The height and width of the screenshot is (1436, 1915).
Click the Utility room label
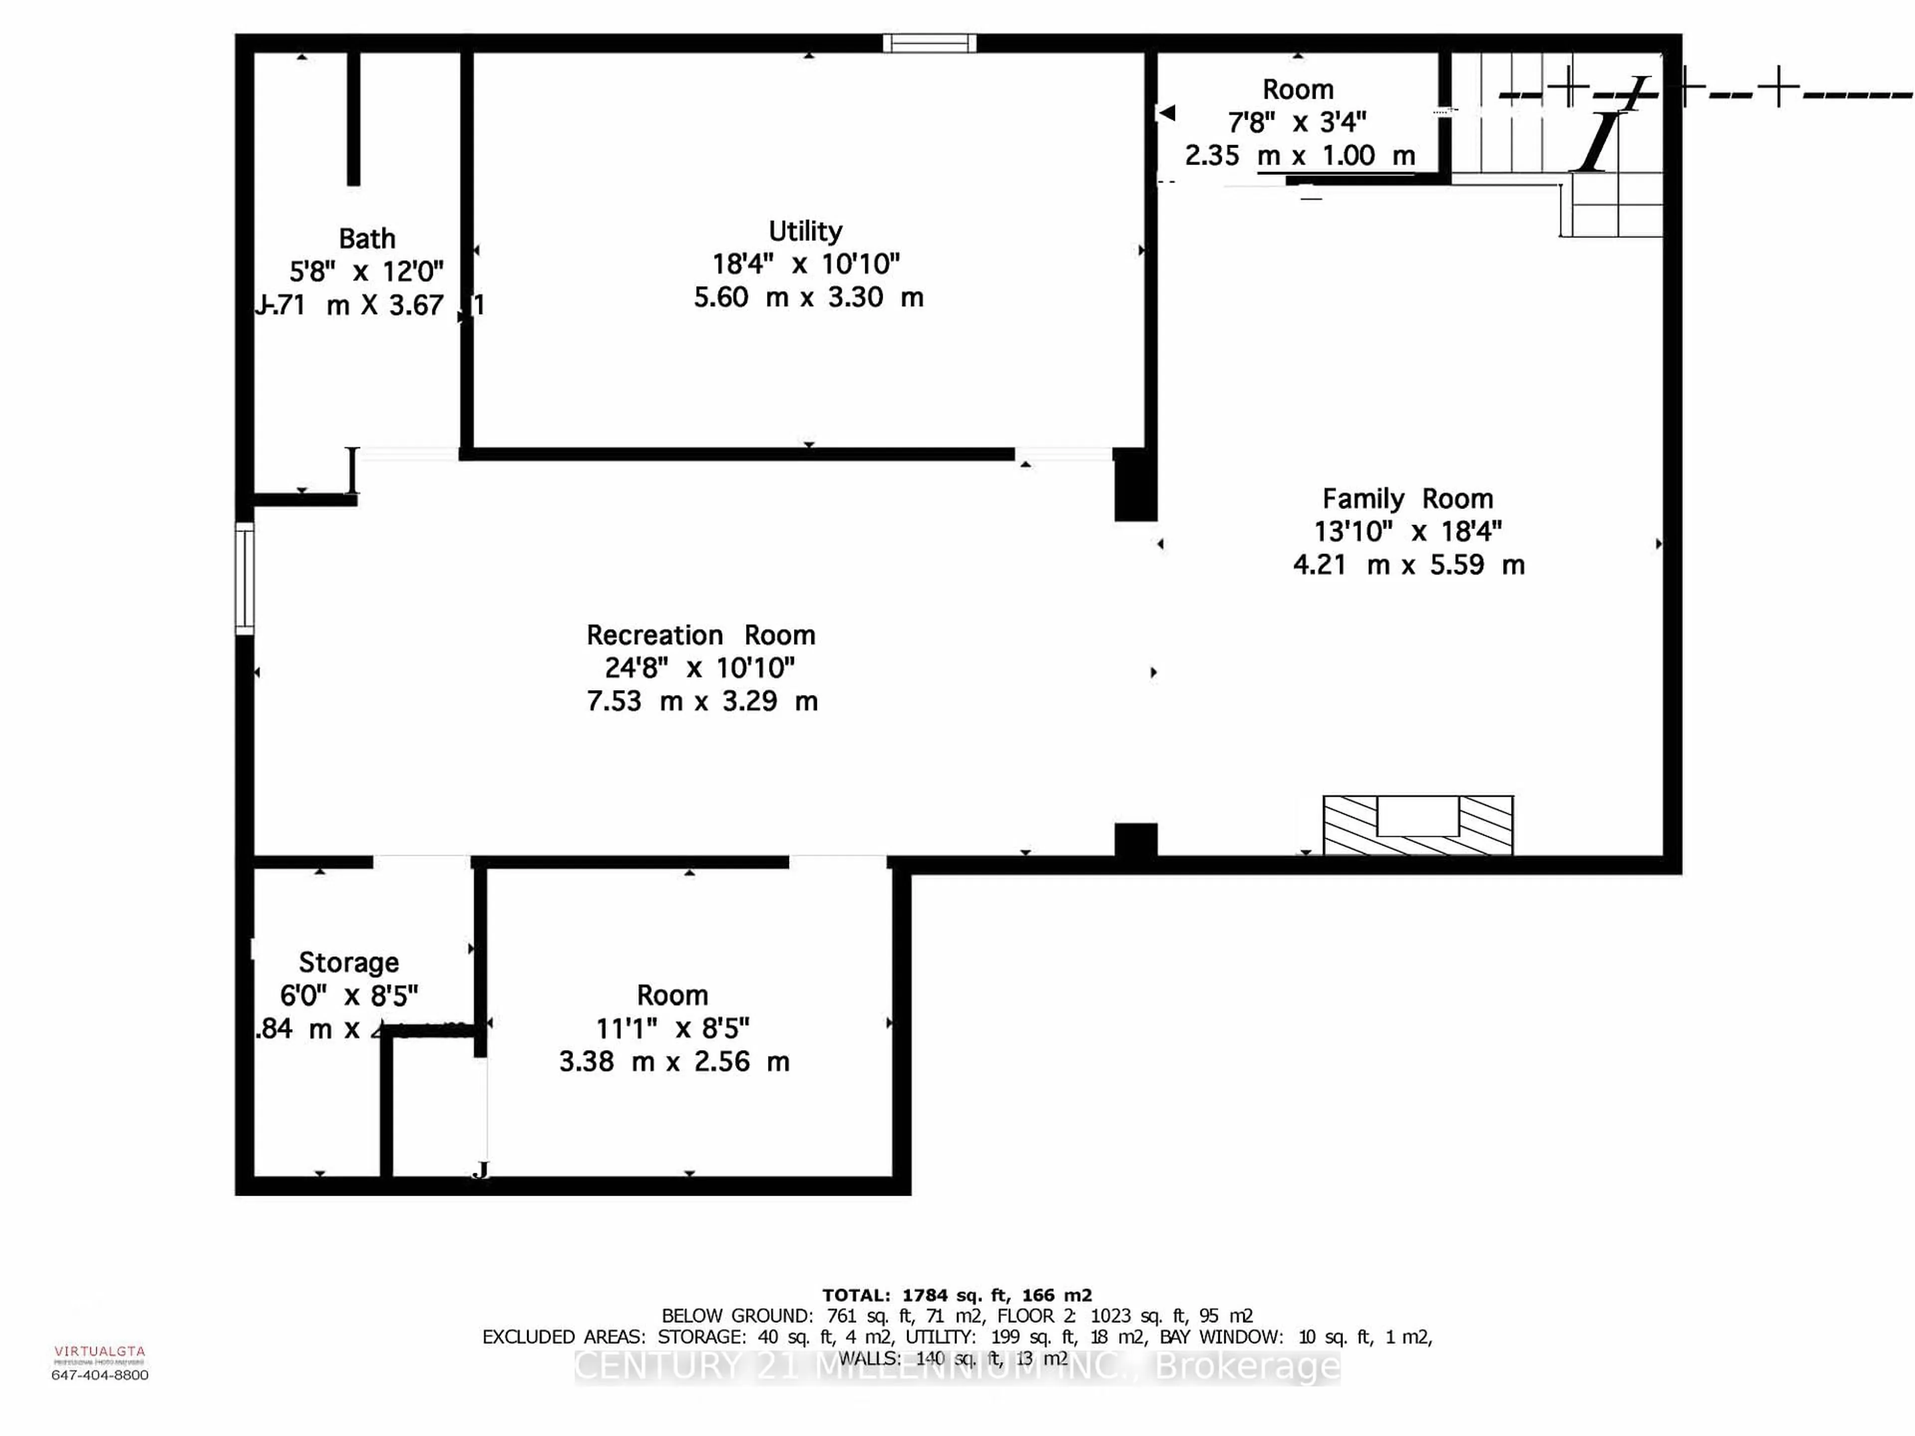tap(805, 231)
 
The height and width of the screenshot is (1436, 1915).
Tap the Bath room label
tap(367, 238)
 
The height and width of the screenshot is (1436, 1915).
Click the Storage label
tap(349, 962)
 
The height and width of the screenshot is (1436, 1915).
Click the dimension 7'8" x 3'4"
tap(1297, 122)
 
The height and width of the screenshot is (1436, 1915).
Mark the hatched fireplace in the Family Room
tap(1418, 825)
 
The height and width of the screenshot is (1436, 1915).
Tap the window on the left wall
tap(245, 578)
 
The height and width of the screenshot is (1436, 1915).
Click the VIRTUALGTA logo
tap(100, 1351)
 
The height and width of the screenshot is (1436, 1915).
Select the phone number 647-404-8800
tap(100, 1375)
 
